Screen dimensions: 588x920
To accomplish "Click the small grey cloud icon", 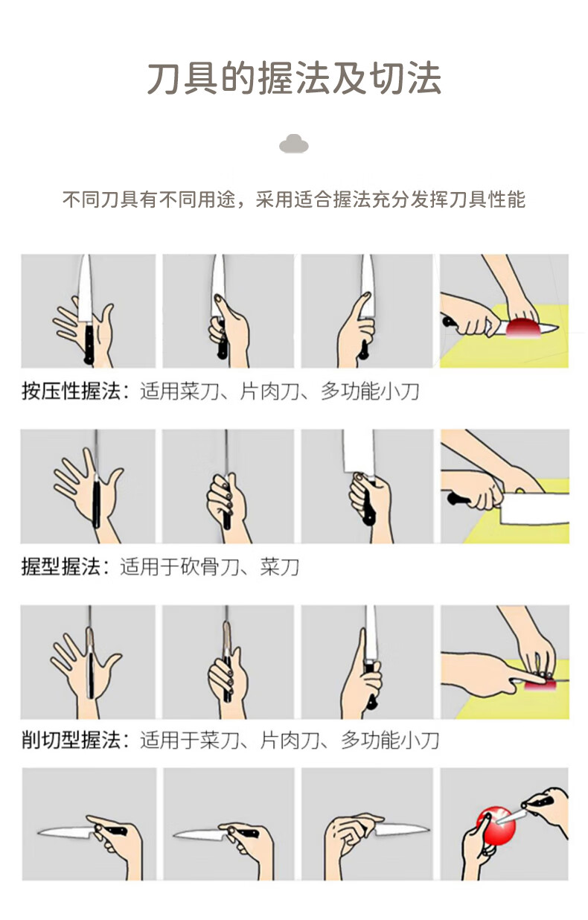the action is tap(293, 144).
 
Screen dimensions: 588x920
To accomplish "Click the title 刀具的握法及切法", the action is tap(294, 78).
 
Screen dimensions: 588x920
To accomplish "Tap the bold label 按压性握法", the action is tap(71, 391).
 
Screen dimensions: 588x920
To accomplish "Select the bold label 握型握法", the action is tap(61, 566).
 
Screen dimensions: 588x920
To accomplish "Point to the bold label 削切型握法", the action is tap(71, 740).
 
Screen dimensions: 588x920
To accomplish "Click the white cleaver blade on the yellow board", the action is tap(534, 508).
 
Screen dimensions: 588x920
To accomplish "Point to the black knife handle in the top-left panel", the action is tap(89, 344).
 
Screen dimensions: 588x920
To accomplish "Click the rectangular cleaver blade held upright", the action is tap(359, 452).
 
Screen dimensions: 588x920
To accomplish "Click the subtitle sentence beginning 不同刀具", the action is tap(294, 199).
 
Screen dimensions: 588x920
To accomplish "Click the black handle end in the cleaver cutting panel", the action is tap(453, 499).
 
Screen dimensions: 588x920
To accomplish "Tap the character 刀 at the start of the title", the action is tap(164, 78).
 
